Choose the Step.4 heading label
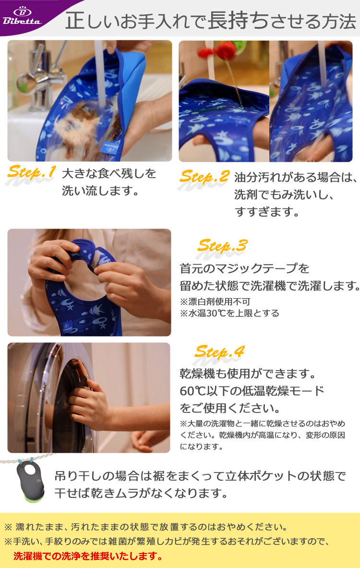tap(219, 351)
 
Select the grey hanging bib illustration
tap(30, 481)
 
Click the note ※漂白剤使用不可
tap(215, 302)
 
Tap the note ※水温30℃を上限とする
tap(229, 314)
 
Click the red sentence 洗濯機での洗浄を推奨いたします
tap(88, 556)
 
